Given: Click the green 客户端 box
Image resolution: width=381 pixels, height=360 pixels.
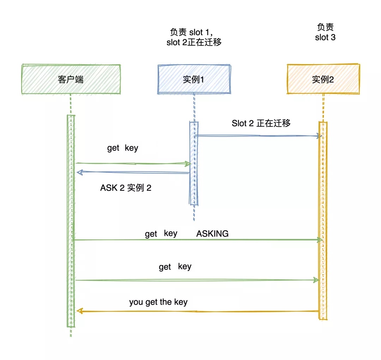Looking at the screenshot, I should pos(71,79).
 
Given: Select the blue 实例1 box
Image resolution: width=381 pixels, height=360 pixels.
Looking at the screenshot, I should pos(194,79).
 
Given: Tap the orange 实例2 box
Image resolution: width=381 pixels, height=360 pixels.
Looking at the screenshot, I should pos(323,79).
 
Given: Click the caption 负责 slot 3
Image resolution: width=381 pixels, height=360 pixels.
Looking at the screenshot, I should pos(325,32).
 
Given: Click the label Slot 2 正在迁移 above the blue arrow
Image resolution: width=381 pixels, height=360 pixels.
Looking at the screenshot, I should pos(261,123).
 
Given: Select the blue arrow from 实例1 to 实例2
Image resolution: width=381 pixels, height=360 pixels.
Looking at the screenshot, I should pos(258,136).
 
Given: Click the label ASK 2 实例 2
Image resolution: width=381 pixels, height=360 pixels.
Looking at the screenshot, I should pos(126,188).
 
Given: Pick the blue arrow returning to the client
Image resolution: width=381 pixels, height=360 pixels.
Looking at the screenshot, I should pos(134,172).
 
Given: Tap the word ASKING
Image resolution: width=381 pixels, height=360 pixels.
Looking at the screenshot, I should pos(212,233).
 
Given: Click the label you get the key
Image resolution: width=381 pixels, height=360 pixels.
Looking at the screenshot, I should pos(158,302).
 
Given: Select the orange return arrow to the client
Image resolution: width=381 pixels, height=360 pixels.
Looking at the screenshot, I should pos(198,311).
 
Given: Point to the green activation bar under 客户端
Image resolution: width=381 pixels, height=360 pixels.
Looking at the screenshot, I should pos(71,219).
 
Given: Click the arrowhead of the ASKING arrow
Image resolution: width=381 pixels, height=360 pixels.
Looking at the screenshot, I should pos(320,240).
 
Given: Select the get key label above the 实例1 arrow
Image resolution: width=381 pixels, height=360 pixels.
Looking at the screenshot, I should pos(122,148).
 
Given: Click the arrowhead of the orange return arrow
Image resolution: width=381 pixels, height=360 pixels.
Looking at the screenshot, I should pos(80,311).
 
